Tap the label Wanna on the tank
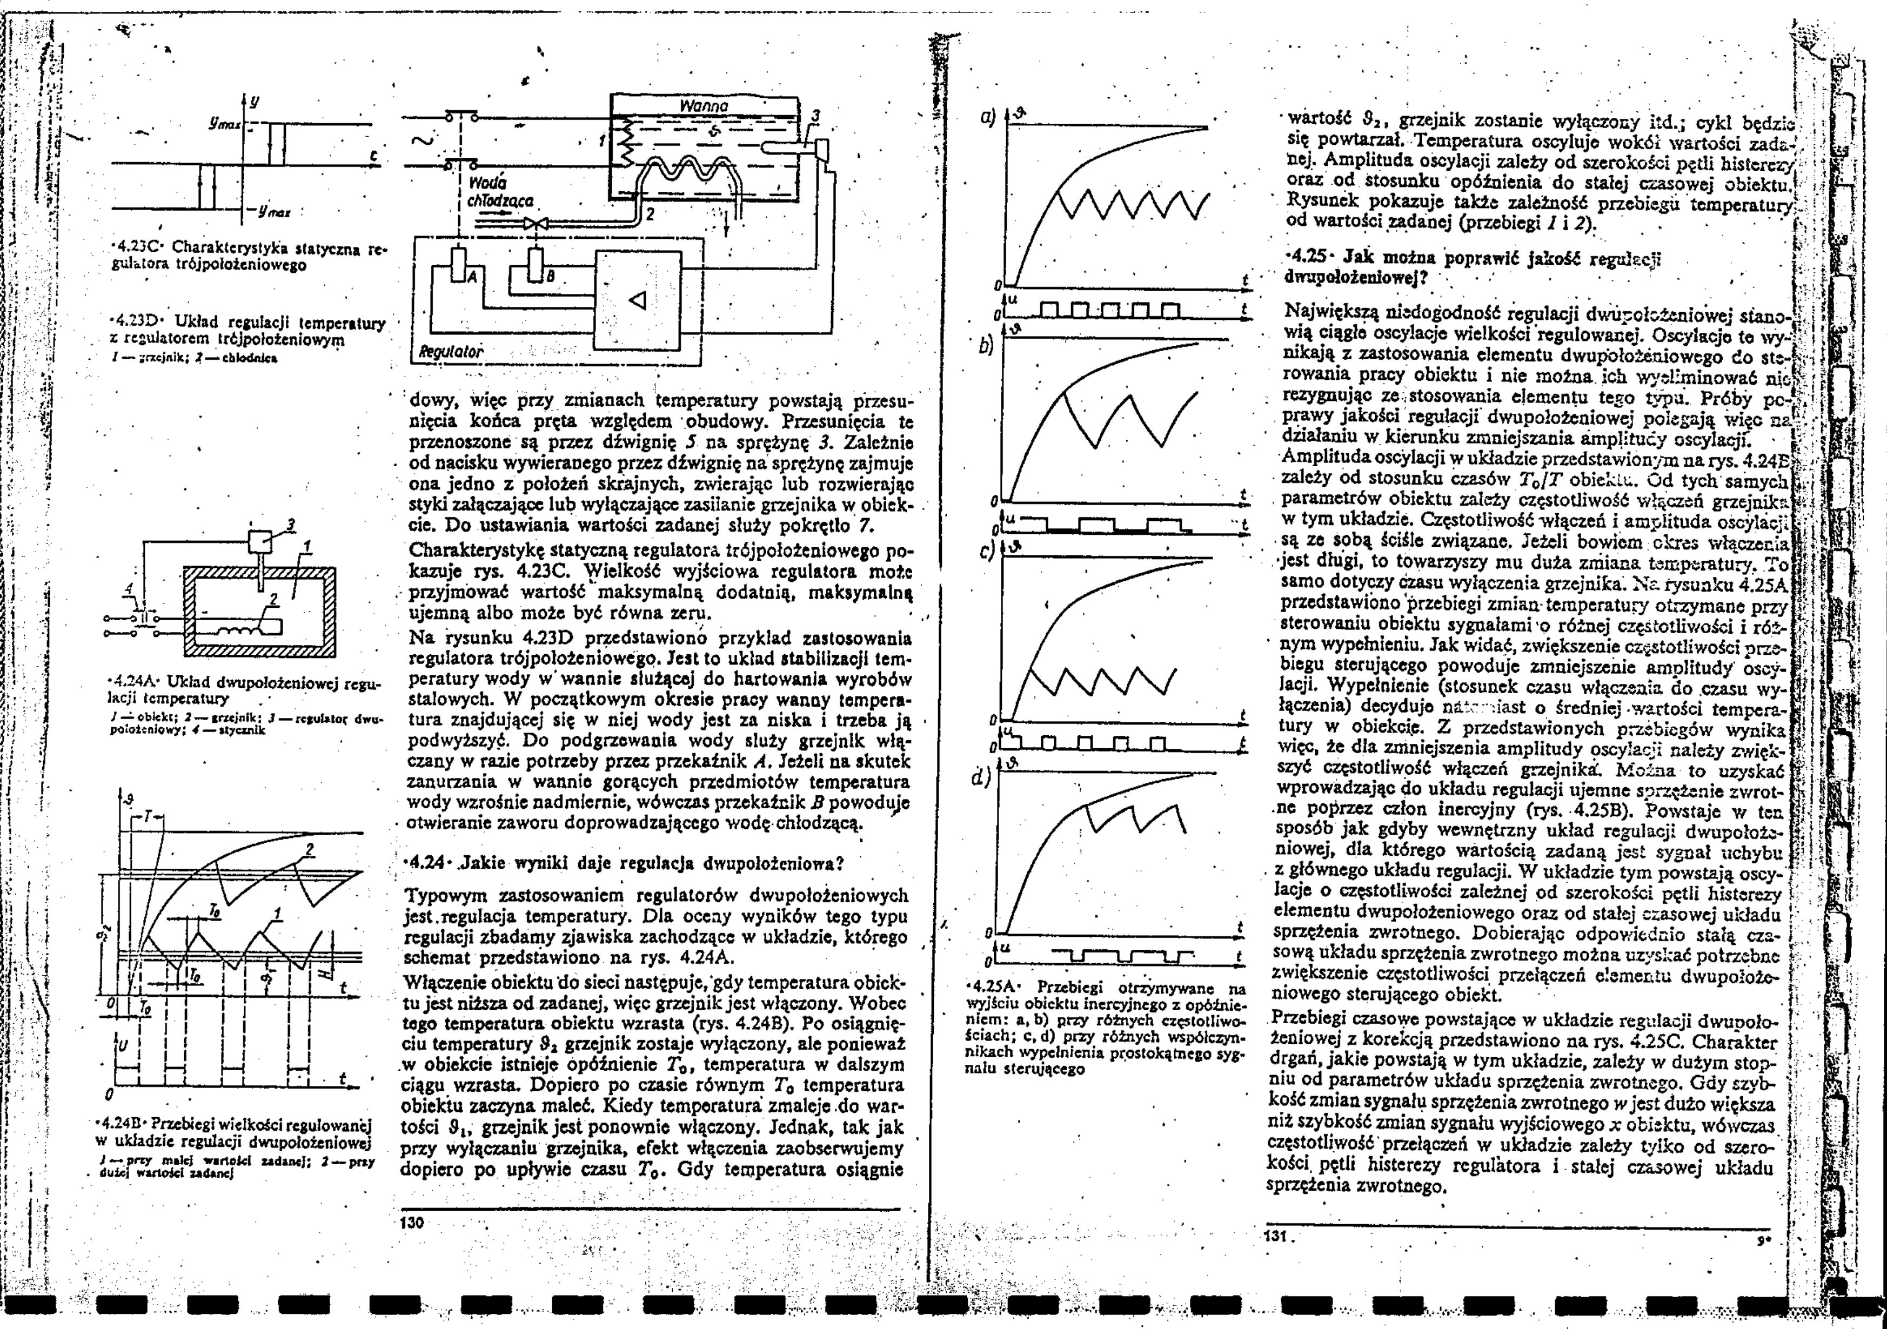click(704, 107)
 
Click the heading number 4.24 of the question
click(427, 864)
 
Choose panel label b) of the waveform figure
click(986, 346)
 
